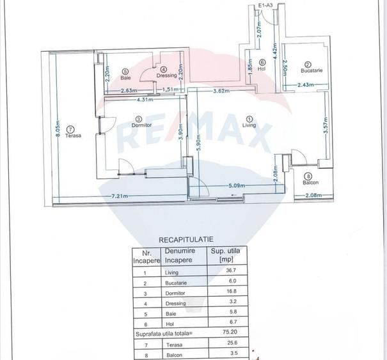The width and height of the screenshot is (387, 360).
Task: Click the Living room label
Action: tap(249, 126)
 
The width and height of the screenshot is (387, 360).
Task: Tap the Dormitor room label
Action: tap(141, 125)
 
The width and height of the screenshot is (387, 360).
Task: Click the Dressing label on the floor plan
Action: tap(166, 76)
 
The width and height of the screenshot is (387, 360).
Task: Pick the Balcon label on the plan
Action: tap(311, 183)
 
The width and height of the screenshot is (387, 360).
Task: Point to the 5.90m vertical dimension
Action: tap(199, 141)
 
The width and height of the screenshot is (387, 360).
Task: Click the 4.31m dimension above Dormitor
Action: tap(146, 99)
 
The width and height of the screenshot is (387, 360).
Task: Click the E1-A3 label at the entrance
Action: tap(265, 6)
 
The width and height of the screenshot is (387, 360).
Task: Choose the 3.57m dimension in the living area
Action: tap(326, 123)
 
